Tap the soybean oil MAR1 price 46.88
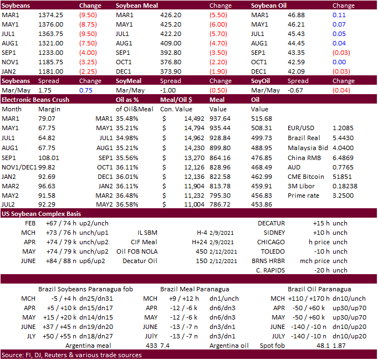292,15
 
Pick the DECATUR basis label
271,223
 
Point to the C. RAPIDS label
269,270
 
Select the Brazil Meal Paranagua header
195,289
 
